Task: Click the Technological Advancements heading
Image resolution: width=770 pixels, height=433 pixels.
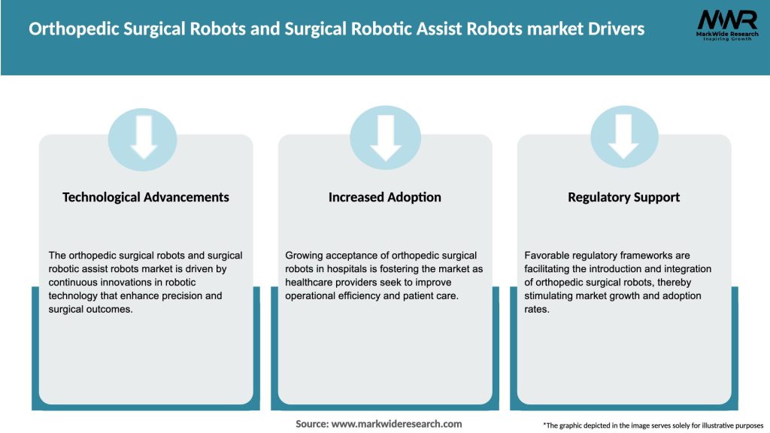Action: (146, 197)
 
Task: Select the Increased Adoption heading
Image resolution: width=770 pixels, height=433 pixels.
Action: (385, 197)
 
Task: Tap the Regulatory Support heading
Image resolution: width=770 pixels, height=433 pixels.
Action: (623, 197)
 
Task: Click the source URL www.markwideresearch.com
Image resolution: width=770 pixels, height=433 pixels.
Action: (396, 424)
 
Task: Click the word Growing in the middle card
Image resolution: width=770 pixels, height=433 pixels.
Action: (305, 256)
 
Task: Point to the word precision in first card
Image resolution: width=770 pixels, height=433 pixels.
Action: (181, 295)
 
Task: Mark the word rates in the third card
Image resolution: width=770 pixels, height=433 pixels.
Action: (537, 309)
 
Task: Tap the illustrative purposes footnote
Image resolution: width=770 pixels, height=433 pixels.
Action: (653, 425)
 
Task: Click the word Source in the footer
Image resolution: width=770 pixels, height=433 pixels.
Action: (311, 424)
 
